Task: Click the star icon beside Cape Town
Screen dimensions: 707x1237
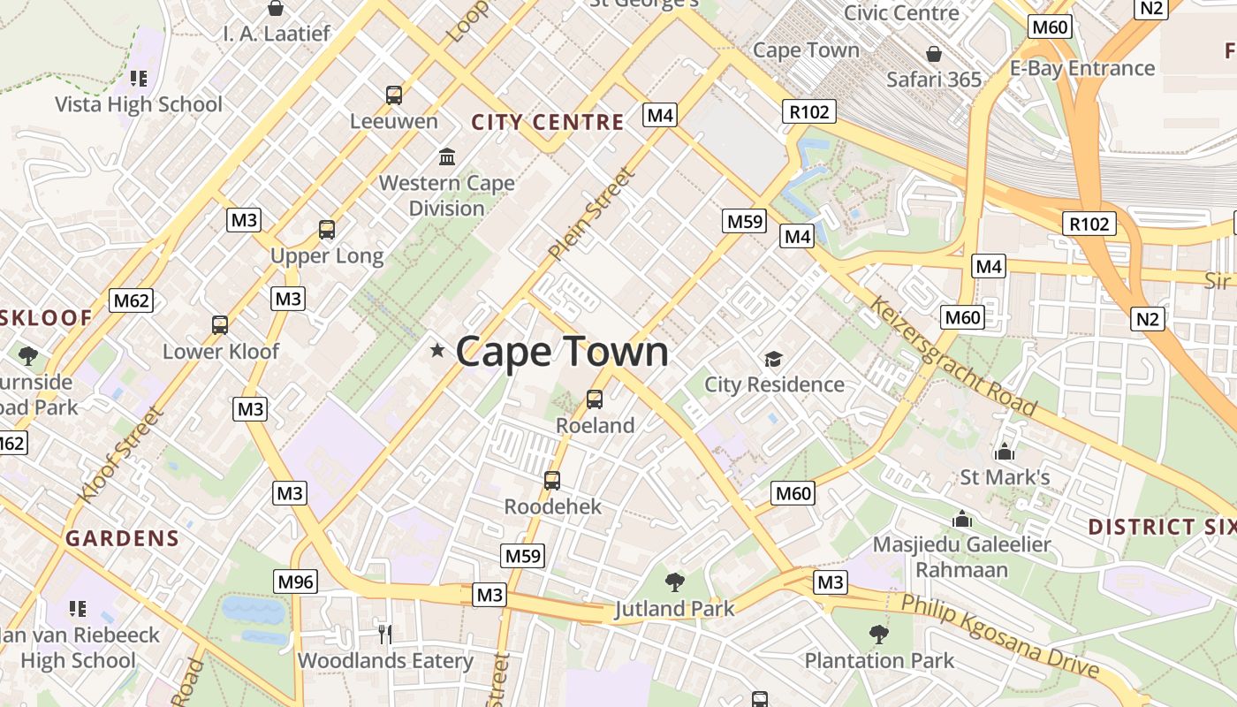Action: [436, 351]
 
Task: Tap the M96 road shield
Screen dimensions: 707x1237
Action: [295, 581]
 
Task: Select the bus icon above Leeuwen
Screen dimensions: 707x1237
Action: [394, 95]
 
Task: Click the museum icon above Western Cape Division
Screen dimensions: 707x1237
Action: [447, 156]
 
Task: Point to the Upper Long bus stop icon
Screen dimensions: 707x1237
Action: [327, 230]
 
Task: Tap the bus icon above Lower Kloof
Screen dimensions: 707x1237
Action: [220, 324]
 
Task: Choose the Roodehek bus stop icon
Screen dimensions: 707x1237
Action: [552, 480]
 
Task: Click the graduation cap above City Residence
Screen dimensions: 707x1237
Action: [774, 359]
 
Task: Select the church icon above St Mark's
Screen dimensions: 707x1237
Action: [1004, 452]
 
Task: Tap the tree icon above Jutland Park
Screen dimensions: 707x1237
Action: [675, 582]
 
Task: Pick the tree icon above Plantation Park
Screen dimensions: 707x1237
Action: [878, 634]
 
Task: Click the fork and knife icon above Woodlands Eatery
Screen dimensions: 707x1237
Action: [384, 634]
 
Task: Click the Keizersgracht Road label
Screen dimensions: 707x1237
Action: [952, 355]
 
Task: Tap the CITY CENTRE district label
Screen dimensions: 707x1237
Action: [548, 122]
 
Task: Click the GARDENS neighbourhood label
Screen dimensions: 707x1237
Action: [123, 537]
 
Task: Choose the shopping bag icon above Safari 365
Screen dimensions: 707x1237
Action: [933, 54]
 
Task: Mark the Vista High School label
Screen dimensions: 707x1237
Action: [139, 104]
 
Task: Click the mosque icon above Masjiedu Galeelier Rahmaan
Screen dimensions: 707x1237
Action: [962, 519]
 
